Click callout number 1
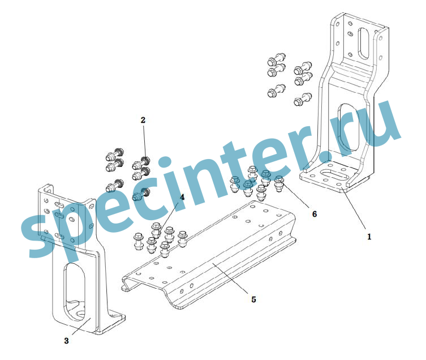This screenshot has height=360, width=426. [369, 237]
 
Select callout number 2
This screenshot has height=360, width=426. [143, 120]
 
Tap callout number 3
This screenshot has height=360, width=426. [66, 341]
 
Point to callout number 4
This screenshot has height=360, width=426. [182, 198]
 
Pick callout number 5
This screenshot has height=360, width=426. [253, 299]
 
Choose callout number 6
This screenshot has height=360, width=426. [315, 214]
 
